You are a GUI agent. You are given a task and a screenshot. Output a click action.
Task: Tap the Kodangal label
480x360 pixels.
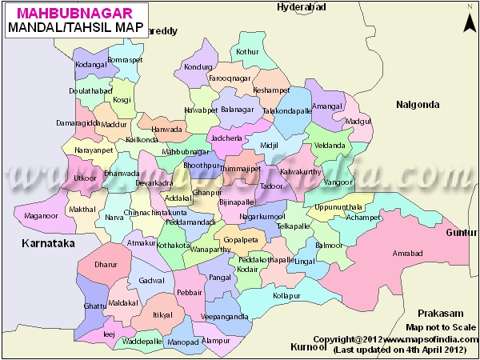(x=90, y=63)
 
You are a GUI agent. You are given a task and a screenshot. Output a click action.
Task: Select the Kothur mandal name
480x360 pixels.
(x=248, y=52)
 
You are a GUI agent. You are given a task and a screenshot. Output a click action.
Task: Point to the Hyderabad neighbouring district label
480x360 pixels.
(x=301, y=7)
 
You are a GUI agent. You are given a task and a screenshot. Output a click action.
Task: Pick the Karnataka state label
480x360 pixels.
(x=47, y=242)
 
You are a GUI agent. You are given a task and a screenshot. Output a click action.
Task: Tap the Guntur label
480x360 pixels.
(x=461, y=232)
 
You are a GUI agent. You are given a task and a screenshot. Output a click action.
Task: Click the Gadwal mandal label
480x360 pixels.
(x=151, y=281)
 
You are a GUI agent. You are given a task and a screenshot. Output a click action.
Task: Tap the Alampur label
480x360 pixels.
(x=216, y=340)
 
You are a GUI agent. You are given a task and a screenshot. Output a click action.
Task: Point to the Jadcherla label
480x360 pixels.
(x=227, y=138)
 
